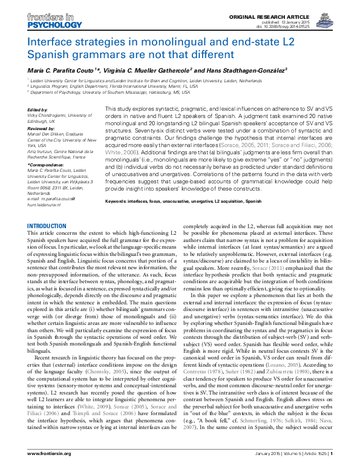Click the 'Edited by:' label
pyautogui.click(x=38, y=110)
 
